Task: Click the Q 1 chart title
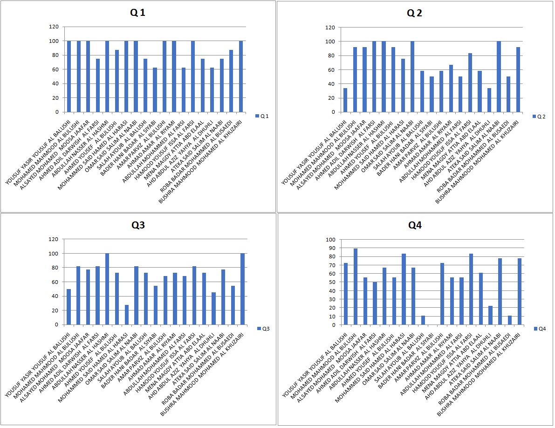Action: (x=137, y=13)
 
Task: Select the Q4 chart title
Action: (x=415, y=225)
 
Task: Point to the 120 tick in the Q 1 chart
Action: (x=54, y=27)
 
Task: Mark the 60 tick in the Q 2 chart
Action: (x=331, y=70)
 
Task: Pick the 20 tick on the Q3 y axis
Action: (x=54, y=311)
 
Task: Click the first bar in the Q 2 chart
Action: (x=345, y=100)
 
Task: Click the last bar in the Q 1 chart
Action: (x=241, y=76)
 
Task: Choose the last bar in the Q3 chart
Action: (x=242, y=289)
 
